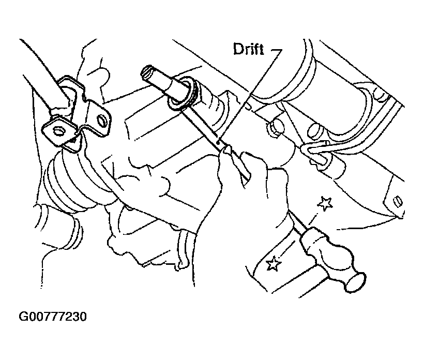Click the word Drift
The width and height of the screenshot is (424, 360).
[x=248, y=49]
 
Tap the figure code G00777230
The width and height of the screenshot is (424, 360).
[x=53, y=317]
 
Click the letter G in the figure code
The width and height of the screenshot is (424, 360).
[x=23, y=317]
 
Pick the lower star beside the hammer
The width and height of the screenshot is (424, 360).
[x=274, y=263]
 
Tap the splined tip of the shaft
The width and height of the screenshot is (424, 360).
[x=148, y=72]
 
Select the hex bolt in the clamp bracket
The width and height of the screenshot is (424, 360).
[x=58, y=131]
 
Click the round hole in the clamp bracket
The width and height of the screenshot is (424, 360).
[x=101, y=120]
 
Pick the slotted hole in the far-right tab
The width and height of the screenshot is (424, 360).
[x=398, y=201]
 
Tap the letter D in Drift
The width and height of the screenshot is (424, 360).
[x=237, y=50]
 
